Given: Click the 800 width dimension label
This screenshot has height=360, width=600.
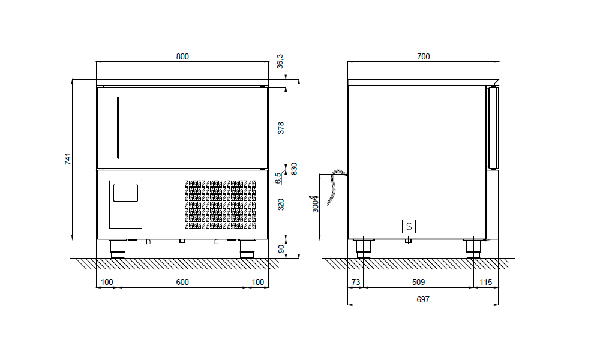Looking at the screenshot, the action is (182, 56).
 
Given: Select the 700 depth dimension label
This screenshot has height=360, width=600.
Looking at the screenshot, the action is (423, 56).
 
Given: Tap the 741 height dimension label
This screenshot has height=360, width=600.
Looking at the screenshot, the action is (68, 159).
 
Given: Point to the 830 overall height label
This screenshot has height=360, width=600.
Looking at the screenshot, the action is (294, 169).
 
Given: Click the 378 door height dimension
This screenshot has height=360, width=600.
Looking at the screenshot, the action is (281, 128).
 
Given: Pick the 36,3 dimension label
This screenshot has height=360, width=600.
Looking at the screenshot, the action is (280, 61).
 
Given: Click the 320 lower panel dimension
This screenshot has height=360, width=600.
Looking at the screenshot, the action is (281, 204).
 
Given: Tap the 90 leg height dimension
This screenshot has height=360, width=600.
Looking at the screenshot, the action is (281, 248).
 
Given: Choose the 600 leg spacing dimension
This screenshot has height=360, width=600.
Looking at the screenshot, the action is (182, 282).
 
